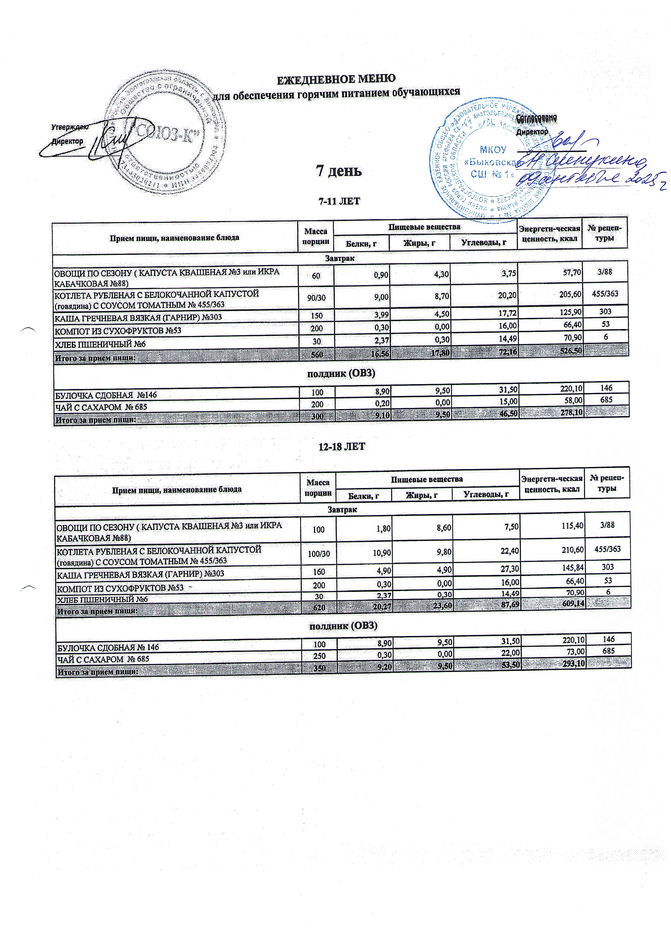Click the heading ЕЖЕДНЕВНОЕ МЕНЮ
(335, 78)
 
